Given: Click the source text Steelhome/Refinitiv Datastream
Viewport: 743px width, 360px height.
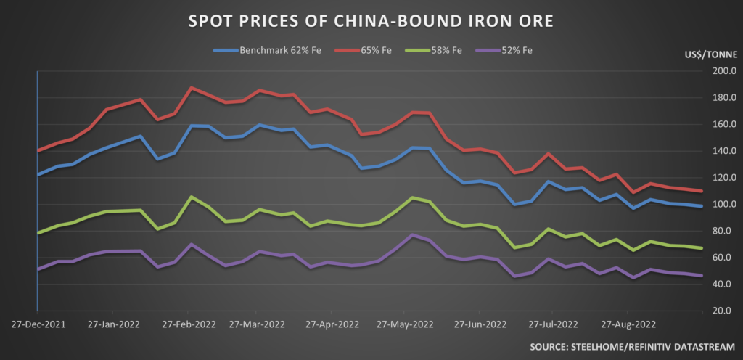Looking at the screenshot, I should (x=632, y=345).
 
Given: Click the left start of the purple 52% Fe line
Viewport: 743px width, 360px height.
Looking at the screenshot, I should (x=38, y=269).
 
